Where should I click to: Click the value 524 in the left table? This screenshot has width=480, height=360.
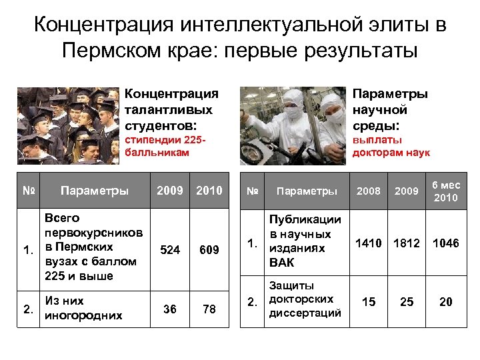[171, 250]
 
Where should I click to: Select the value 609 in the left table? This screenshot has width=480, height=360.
[209, 250]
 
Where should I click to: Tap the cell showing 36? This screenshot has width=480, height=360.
[170, 309]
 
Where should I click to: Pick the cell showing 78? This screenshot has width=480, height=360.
[209, 309]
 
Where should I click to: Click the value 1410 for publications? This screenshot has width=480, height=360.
[369, 243]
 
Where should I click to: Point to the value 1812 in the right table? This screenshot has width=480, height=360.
[407, 243]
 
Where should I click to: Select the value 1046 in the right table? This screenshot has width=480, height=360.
[445, 243]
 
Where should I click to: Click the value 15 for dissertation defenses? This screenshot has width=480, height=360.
[368, 302]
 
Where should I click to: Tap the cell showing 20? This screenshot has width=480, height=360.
[445, 302]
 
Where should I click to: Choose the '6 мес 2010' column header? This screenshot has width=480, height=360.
[445, 191]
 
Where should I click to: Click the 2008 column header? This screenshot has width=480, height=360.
[369, 191]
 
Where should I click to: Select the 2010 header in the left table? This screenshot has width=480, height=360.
[209, 191]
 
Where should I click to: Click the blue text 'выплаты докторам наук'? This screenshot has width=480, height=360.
[391, 146]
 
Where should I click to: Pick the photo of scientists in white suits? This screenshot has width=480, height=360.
[293, 125]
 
